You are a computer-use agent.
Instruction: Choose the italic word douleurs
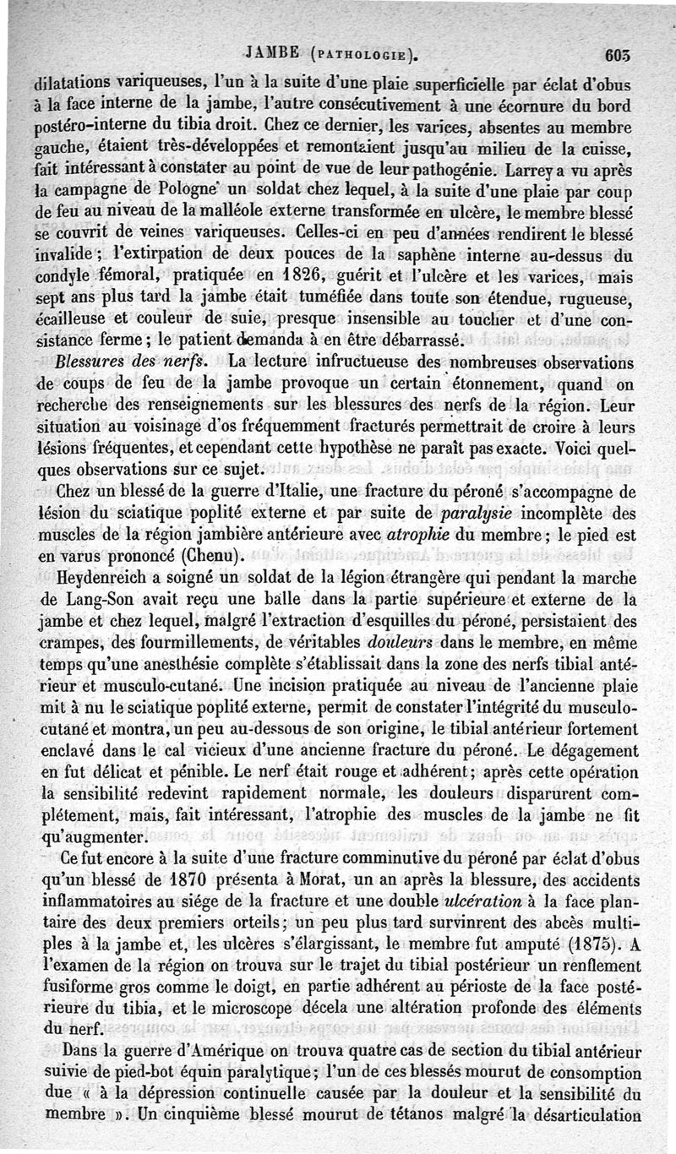[x=433, y=643]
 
